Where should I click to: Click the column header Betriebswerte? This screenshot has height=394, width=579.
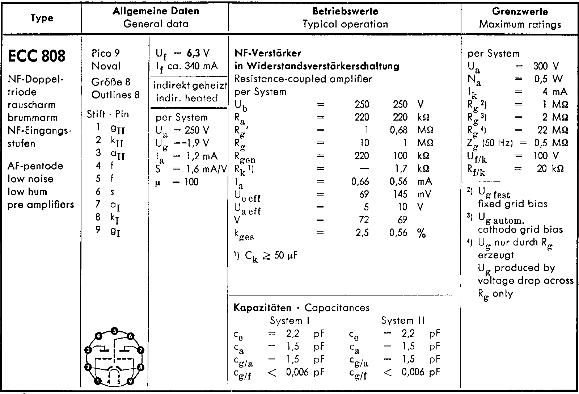pyautogui.click(x=345, y=11)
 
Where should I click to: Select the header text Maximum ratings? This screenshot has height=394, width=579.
pyautogui.click(x=520, y=24)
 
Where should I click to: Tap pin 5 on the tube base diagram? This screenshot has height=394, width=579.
pyautogui.click(x=114, y=331)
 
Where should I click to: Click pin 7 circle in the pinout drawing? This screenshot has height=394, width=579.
pyautogui.click(x=141, y=350)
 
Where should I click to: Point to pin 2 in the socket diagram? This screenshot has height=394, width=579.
pyautogui.click(x=88, y=367)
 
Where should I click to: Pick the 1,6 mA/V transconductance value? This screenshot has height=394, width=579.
pyautogui.click(x=204, y=169)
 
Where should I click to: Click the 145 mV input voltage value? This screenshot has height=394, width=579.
pyautogui.click(x=400, y=194)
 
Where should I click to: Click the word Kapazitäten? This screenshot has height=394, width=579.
pyautogui.click(x=262, y=308)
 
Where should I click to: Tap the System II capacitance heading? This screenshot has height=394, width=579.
pyautogui.click(x=403, y=320)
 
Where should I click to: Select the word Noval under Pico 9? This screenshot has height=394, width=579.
pyautogui.click(x=106, y=66)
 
